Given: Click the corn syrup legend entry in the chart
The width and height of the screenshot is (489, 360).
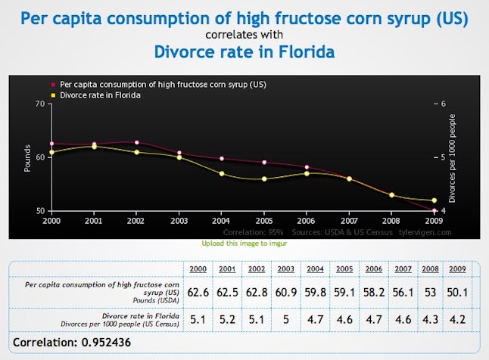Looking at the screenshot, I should (x=162, y=83).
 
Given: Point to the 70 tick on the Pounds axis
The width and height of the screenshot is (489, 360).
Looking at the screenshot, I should (x=39, y=104).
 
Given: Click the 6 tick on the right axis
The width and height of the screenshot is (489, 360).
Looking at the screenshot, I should (x=443, y=104).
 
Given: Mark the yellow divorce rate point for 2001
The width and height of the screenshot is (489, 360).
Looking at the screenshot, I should (x=94, y=145).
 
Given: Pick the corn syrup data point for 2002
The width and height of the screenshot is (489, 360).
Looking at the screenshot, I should (x=136, y=142).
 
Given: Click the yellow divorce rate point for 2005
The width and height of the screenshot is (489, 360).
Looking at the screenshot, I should (x=264, y=178).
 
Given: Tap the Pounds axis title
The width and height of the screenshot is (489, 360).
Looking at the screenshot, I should (x=27, y=157).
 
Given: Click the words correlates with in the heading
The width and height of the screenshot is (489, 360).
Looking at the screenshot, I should (x=244, y=34).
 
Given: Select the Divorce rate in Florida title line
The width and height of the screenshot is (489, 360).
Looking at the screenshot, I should (x=244, y=52).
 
